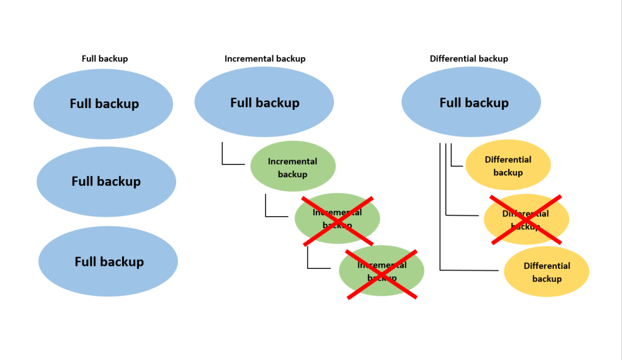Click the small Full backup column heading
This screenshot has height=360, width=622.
coord(104,59)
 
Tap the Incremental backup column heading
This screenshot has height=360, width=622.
coord(265,59)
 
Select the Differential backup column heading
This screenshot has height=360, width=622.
coord(469,59)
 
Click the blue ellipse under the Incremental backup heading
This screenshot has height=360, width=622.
coord(264,102)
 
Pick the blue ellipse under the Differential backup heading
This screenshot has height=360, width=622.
coord(471,102)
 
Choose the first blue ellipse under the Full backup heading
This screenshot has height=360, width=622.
coord(103,104)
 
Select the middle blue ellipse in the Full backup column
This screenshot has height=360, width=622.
coord(106,182)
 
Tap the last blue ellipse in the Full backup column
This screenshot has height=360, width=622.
coord(108,261)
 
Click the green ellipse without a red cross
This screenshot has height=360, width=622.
coord(293,166)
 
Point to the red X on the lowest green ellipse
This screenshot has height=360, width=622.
coord(382,274)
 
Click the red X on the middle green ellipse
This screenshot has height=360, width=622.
coord(338,221)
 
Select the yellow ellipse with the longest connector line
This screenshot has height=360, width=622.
coord(547,271)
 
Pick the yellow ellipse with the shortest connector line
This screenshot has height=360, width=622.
coord(508,165)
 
